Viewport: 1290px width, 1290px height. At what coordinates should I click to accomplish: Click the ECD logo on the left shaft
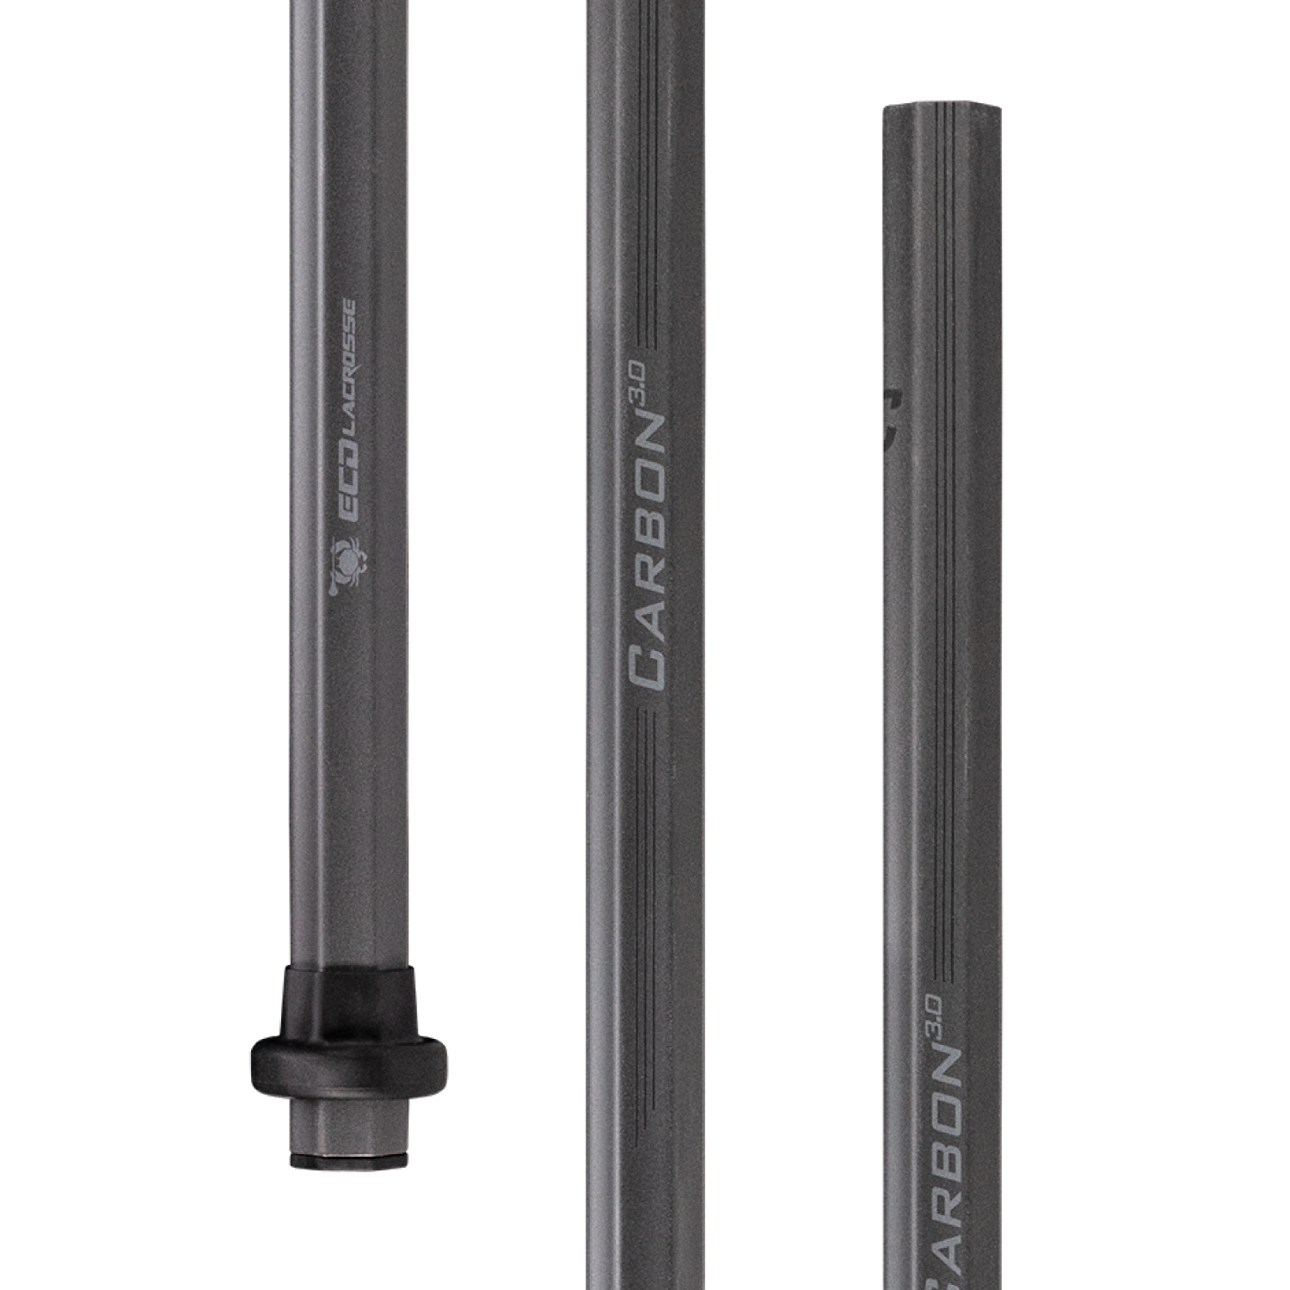pos(348,494)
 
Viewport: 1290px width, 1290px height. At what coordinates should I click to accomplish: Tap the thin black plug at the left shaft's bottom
pos(349,1162)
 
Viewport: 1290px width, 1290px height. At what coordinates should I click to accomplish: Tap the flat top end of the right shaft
pos(943,109)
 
